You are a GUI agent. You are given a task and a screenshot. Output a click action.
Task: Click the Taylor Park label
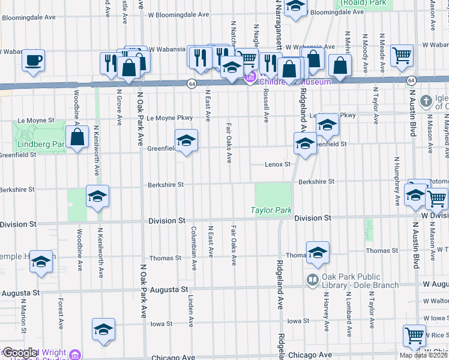(271, 211)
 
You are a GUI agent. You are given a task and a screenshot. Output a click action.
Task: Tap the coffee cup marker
(34, 60)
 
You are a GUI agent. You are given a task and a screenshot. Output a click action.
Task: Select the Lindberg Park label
(40, 145)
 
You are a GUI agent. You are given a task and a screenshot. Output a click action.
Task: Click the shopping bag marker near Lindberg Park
(77, 137)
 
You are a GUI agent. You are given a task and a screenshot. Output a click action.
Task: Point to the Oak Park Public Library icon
(312, 279)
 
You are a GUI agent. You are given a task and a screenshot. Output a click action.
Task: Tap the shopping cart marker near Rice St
(414, 335)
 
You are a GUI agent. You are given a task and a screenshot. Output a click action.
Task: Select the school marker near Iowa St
(103, 329)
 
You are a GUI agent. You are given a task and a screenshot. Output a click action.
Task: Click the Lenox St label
(279, 164)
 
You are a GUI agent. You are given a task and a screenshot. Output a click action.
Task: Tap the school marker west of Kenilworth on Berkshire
(97, 196)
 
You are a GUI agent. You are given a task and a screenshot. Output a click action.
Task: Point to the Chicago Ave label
(174, 357)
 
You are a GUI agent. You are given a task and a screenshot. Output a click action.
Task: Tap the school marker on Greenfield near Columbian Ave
(186, 141)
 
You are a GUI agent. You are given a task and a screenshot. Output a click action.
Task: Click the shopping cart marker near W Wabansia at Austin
(402, 55)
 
